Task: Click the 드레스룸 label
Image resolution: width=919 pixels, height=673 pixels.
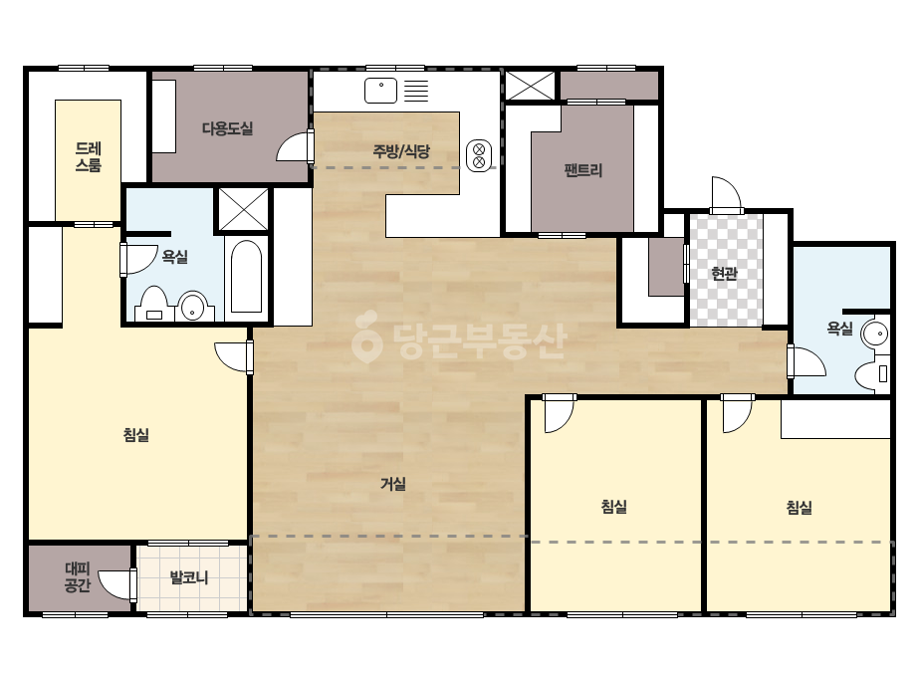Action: point(89,156)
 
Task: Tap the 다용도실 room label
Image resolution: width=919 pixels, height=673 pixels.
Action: point(227,127)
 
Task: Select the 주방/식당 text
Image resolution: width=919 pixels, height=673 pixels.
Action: point(401,151)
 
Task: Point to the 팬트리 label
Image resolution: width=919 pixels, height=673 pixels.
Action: point(583,170)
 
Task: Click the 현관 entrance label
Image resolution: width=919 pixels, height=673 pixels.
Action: point(725,273)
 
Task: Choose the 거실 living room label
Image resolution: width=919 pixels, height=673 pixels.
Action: point(393,484)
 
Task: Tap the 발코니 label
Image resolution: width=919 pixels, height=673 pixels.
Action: point(189,577)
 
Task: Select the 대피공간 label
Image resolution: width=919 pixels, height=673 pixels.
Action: point(78,576)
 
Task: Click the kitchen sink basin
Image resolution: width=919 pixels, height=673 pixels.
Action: point(381,91)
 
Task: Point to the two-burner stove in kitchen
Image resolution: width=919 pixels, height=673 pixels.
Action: point(479,155)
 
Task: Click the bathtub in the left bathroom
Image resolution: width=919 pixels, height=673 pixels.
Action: point(246,276)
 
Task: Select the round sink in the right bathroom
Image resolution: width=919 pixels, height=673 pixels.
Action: point(875,335)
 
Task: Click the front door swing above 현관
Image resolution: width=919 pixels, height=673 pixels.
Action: point(726,194)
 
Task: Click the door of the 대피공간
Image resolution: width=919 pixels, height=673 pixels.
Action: point(118,584)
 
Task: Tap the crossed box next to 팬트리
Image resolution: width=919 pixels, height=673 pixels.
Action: point(530,86)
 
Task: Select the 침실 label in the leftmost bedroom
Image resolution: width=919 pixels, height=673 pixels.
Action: point(136,434)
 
